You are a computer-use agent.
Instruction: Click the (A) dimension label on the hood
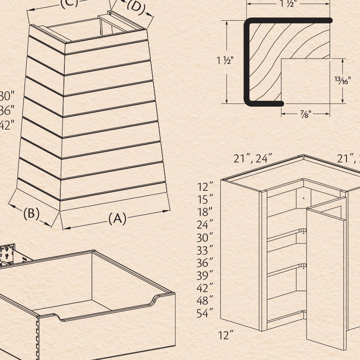pos(117,218)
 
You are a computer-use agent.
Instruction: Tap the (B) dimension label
pos(31,213)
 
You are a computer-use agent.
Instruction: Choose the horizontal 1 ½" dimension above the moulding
pos(288,4)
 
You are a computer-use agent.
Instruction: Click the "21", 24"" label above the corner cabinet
pos(253,158)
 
